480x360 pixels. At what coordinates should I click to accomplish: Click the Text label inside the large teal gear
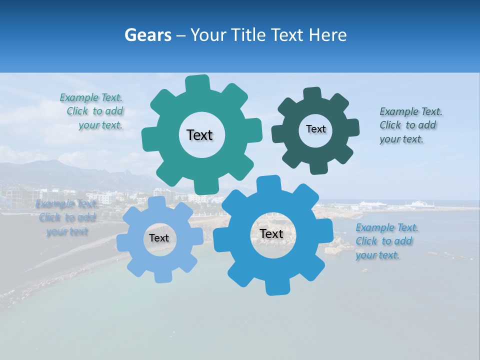pos(199,135)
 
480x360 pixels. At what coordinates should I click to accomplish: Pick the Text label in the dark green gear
pos(315,129)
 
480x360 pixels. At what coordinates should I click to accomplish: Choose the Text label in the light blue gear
pos(159,238)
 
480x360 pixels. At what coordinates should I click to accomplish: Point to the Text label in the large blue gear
pos(271,233)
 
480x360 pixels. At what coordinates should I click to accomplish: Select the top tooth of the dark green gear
pos(312,94)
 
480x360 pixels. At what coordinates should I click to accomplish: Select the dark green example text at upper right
pos(410,125)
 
